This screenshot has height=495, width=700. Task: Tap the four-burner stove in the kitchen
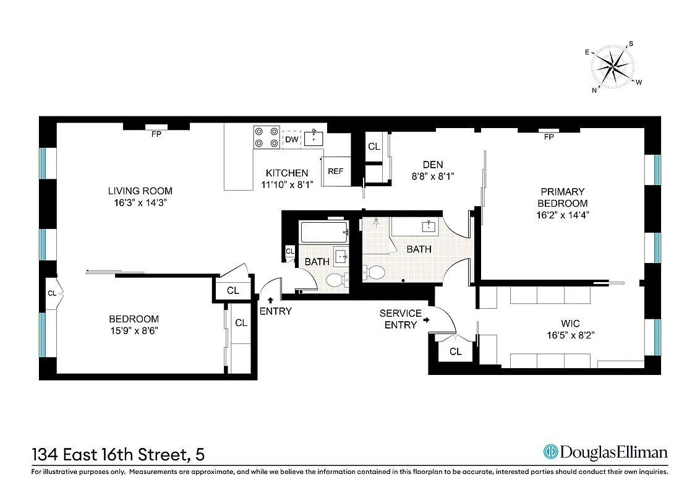266,137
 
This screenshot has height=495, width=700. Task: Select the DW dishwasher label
292,140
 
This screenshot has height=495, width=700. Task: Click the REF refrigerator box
335,171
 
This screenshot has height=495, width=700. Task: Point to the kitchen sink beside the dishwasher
314,137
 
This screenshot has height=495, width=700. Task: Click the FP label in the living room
156,134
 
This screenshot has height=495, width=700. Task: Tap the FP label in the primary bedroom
548,137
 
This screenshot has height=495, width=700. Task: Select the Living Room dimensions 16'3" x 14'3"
140,202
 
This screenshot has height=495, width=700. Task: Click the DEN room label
433,164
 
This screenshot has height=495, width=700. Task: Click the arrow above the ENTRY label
270,299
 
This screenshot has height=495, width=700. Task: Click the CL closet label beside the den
374,147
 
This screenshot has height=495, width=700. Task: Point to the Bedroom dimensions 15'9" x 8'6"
134,330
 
